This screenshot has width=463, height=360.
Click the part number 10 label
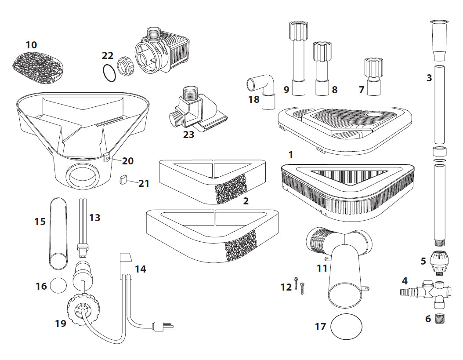31,45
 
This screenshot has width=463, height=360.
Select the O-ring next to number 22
109,73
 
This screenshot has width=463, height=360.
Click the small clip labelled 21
123,179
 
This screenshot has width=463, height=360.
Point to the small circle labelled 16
58,286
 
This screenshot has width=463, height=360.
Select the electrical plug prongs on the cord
167,327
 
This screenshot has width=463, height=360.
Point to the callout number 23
188,135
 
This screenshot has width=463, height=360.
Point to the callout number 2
246,201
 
